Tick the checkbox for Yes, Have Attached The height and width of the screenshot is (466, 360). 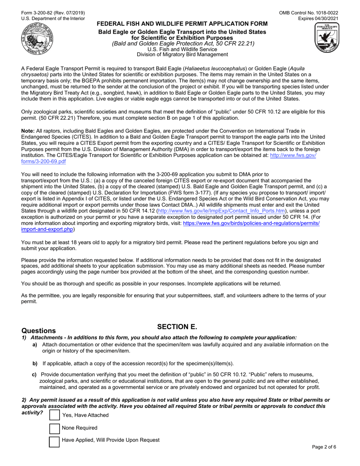click(55, 415)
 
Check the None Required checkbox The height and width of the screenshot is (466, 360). click(55, 428)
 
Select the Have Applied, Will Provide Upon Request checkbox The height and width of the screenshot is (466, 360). click(55, 441)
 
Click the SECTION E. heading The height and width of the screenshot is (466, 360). click(177, 327)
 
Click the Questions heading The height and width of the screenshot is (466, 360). click(39, 331)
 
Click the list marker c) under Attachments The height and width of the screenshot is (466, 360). click(34, 374)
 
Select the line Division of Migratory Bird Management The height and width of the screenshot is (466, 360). click(182, 54)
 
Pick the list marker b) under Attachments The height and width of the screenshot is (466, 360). click(35, 363)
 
